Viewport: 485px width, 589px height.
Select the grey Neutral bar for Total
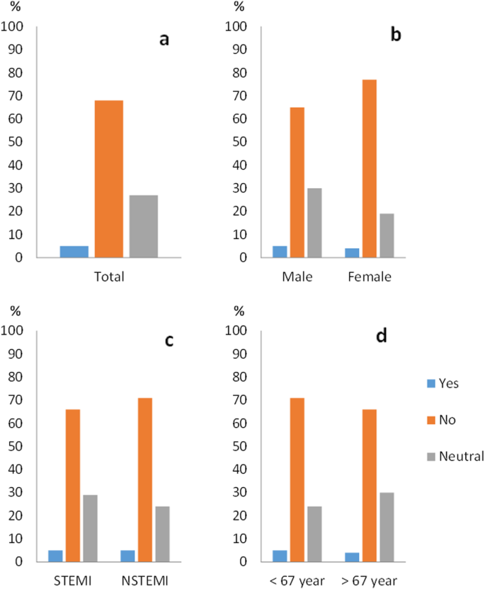(144, 226)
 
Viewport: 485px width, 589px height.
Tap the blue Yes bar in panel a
(74, 252)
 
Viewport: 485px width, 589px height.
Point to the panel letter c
(169, 340)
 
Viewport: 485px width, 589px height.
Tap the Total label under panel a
(109, 276)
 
